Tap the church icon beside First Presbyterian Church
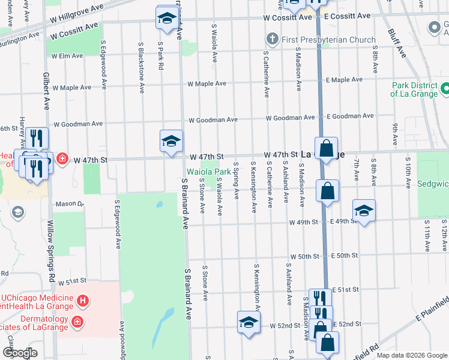pos(273,40)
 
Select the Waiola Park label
pos(208,172)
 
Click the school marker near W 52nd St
pos(249,323)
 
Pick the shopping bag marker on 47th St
pos(326,149)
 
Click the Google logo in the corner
pos(20,353)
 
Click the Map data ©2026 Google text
pos(411,355)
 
